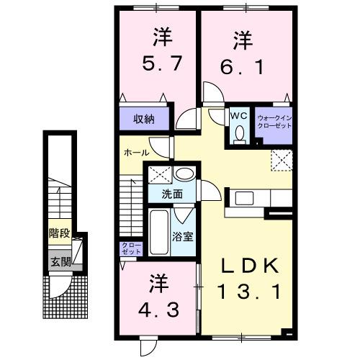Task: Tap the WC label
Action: (238, 114)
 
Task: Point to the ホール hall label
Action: (137, 153)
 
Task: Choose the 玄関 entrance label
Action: (59, 261)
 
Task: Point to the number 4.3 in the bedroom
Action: (159, 300)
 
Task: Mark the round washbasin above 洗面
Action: (184, 174)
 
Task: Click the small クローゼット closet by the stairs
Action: (131, 249)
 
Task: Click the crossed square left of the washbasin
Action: (159, 174)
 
